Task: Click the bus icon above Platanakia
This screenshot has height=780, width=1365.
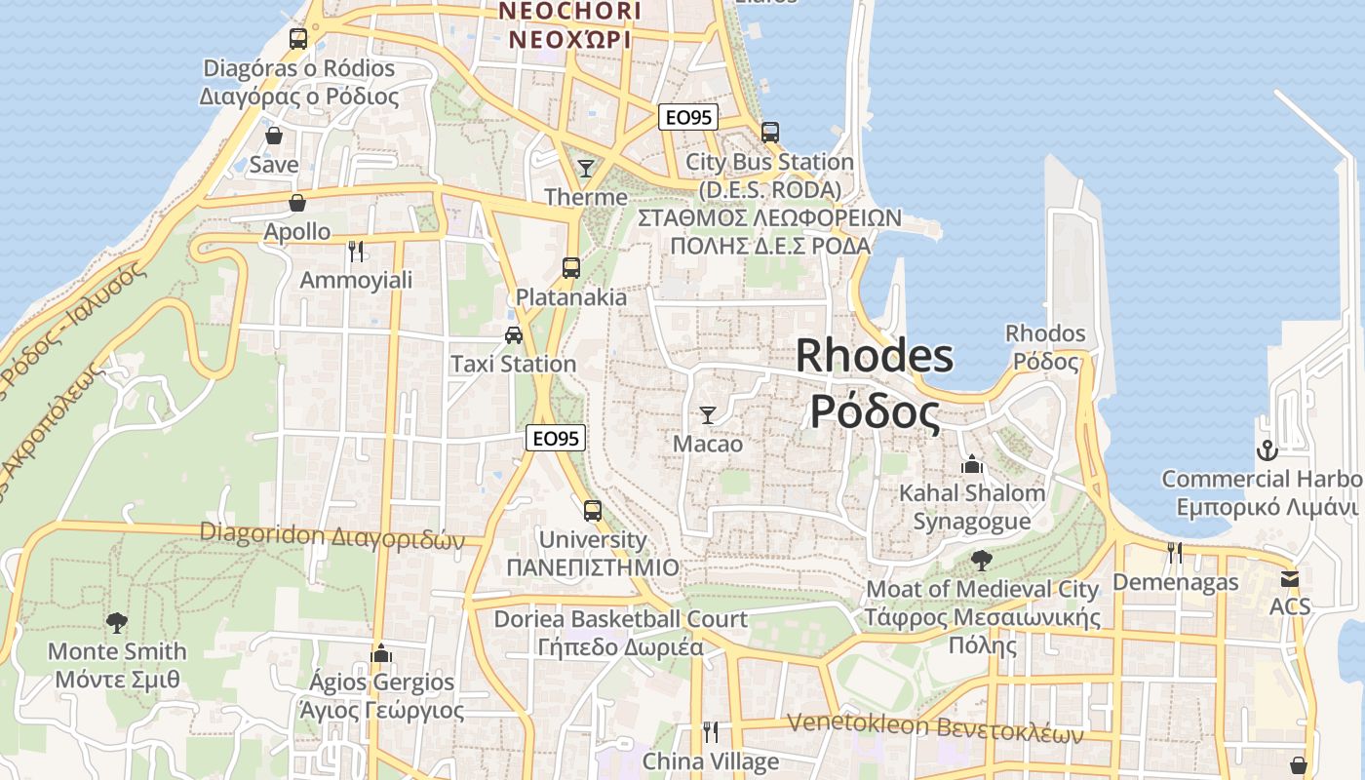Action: click(x=571, y=267)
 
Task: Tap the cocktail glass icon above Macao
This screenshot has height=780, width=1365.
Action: click(x=708, y=415)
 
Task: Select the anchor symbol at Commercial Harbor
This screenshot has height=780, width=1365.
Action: click(x=1267, y=450)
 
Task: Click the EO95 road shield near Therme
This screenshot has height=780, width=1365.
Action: click(x=687, y=118)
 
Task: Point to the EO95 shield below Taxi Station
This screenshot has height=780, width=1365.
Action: click(x=556, y=439)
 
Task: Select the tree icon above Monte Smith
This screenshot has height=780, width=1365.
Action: click(x=117, y=622)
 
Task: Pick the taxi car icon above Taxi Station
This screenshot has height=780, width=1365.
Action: click(x=514, y=335)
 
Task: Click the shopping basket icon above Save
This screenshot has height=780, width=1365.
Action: click(x=274, y=136)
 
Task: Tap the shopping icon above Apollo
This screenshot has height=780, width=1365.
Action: click(x=297, y=203)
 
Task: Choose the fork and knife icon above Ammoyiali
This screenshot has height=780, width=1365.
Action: click(x=356, y=252)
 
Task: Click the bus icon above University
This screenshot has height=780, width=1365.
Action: click(x=592, y=510)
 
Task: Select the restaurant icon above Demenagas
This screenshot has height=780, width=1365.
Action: click(x=1175, y=553)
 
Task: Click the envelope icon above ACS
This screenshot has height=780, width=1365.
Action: click(x=1290, y=578)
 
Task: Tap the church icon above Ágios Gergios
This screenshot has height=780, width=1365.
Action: click(x=381, y=652)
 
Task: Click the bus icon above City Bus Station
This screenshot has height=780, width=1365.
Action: click(x=770, y=132)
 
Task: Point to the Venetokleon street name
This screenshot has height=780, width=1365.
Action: click(x=934, y=727)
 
